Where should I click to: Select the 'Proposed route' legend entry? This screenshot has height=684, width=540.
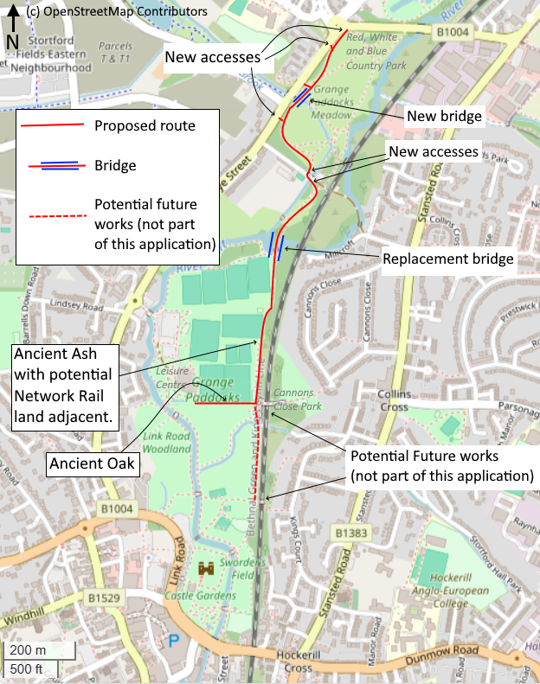[x=145, y=126]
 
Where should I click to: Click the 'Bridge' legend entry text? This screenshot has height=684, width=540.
[x=115, y=164]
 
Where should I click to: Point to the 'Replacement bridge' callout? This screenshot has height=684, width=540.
[x=448, y=259]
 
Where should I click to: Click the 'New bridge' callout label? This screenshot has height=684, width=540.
[x=444, y=115]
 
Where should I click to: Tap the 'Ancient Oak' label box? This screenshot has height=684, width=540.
[x=93, y=463]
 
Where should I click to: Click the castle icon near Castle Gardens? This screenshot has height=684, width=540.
[x=208, y=569]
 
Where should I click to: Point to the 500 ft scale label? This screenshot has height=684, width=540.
[x=27, y=668]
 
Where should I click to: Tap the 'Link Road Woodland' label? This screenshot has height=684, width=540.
[x=167, y=443]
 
